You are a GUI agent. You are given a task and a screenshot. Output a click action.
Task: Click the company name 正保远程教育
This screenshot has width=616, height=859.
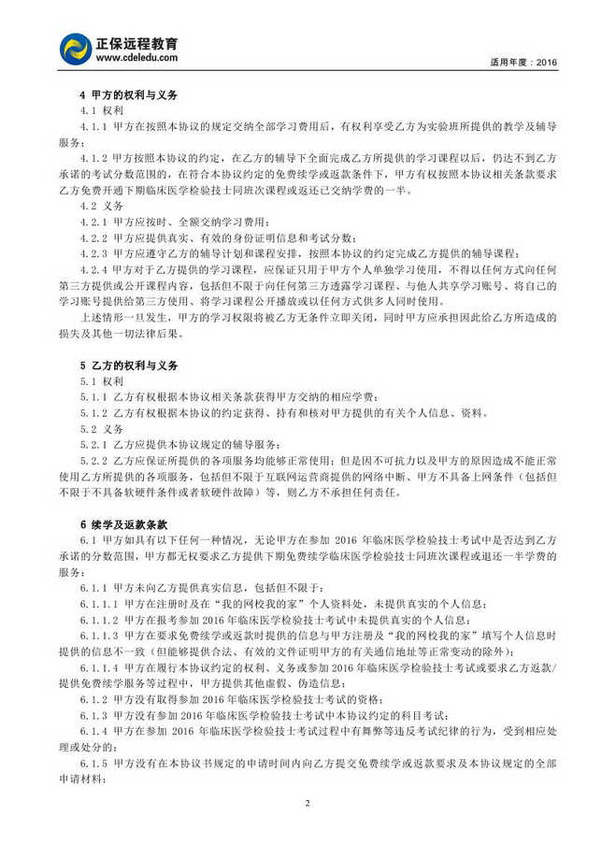pos(138,43)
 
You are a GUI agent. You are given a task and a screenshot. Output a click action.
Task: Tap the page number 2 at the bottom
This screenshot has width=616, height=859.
pos(307,803)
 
